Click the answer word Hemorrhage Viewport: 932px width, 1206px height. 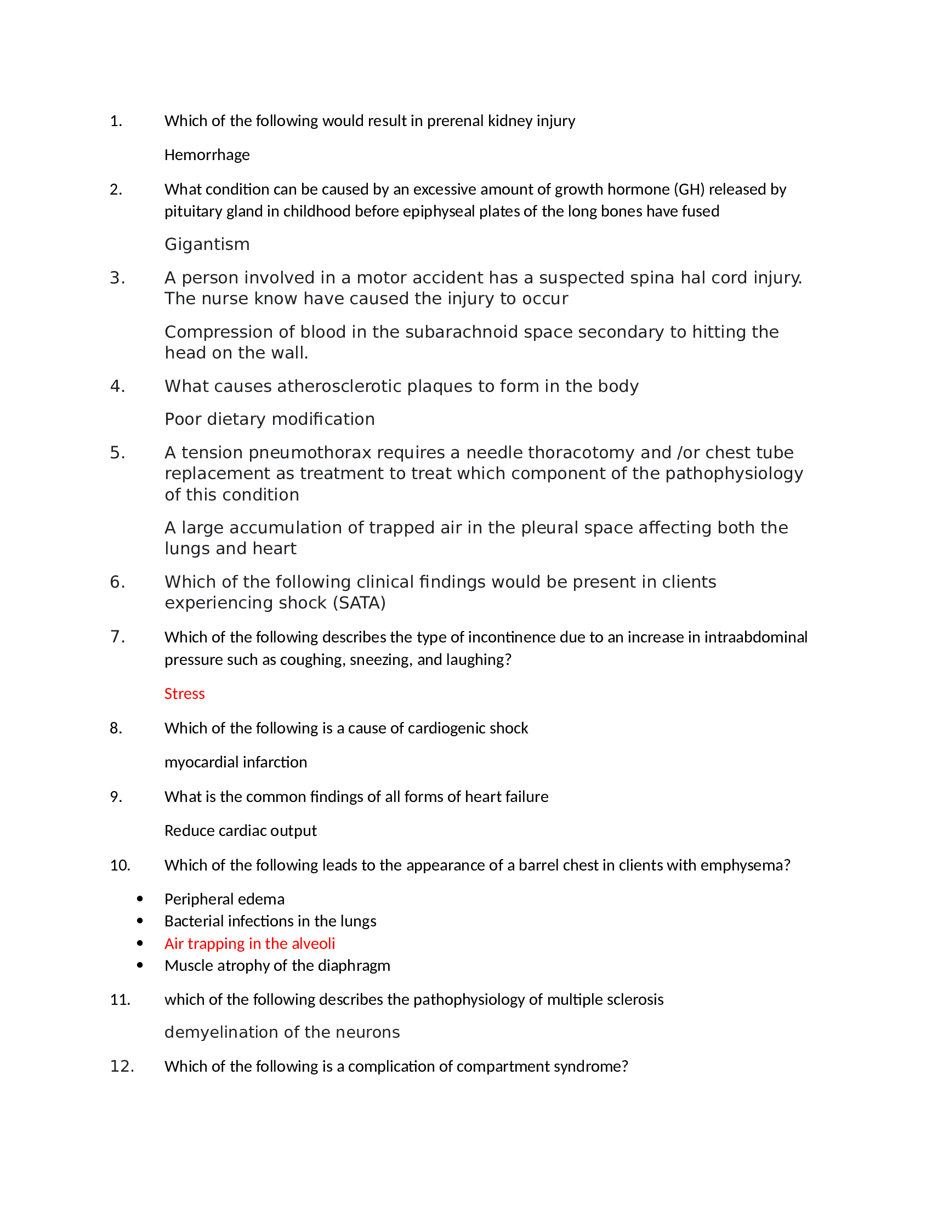coord(207,155)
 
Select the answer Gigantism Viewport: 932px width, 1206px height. coord(207,244)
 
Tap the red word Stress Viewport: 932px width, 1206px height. coord(184,693)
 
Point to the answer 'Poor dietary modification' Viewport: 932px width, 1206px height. coord(269,419)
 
